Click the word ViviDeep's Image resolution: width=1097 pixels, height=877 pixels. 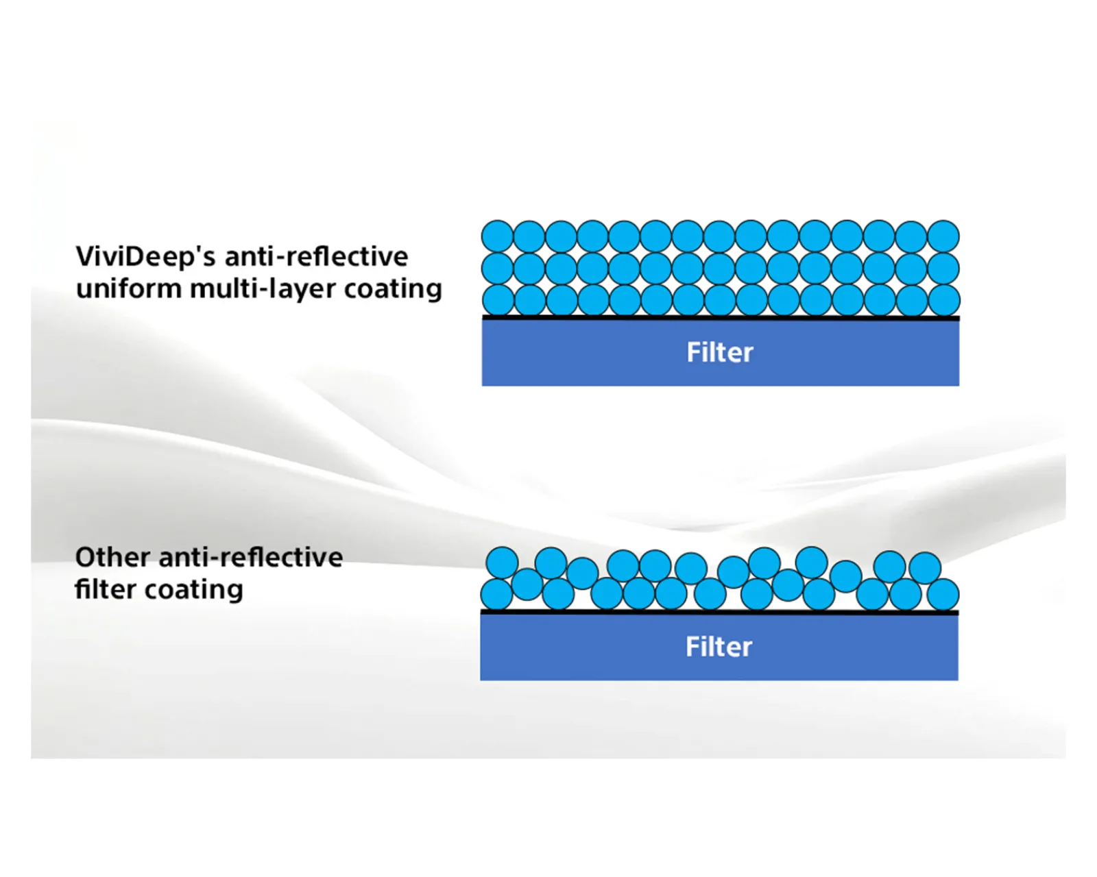145,258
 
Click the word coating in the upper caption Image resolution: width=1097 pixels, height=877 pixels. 393,290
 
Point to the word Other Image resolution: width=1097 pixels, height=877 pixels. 112,558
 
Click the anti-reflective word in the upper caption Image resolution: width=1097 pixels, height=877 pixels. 316,257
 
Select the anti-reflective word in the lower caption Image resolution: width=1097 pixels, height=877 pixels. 250,558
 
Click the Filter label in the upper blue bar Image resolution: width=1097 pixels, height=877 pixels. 720,353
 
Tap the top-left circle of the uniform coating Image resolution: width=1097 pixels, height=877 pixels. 498,236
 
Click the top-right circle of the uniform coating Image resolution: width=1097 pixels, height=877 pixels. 943,236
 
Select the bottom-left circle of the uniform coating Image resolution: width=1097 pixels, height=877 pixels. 498,300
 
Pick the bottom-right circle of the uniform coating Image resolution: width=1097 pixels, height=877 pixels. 943,300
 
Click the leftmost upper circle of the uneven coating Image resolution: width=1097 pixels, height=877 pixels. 502,563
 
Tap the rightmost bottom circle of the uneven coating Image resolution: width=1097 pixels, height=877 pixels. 943,594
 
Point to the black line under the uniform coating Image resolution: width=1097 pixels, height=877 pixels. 720,318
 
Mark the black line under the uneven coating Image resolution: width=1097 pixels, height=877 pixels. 719,612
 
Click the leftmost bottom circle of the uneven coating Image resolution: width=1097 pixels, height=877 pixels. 496,594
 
